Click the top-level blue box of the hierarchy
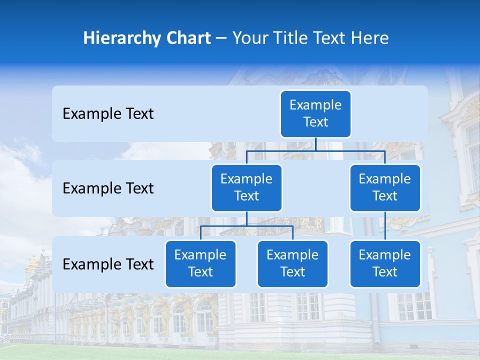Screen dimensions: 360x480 tap(315, 113)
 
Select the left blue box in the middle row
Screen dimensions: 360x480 tap(246, 187)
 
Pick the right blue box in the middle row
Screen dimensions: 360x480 tap(385, 187)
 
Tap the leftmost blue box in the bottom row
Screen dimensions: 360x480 tap(200, 263)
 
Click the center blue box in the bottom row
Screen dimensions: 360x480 tap(293, 263)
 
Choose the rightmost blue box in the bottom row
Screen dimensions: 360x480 tap(385, 263)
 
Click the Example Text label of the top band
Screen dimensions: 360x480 tap(108, 114)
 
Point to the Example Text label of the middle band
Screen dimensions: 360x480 tap(108, 188)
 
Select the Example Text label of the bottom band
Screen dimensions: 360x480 tap(108, 264)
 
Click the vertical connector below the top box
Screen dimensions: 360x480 tap(315, 144)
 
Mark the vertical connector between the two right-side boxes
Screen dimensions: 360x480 tap(385, 225)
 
